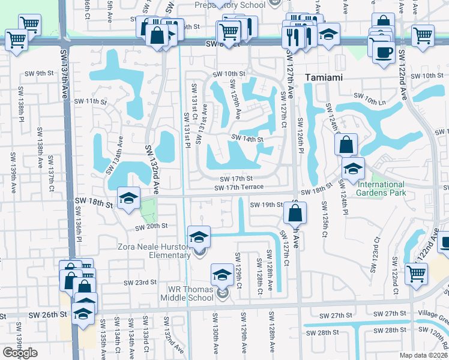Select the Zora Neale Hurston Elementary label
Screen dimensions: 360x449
pyautogui.click(x=154, y=251)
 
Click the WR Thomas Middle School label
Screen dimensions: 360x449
pyautogui.click(x=191, y=293)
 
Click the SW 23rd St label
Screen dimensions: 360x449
pyautogui.click(x=140, y=282)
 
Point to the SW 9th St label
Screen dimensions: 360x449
pyautogui.click(x=40, y=73)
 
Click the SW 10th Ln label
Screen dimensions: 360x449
pyautogui.click(x=367, y=95)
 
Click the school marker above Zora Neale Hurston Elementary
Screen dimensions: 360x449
pyautogui.click(x=199, y=236)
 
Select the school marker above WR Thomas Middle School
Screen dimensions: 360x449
pyautogui.click(x=222, y=275)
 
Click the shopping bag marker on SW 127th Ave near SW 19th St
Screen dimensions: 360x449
pyautogui.click(x=295, y=212)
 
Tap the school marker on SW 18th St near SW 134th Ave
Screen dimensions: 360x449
pyautogui.click(x=128, y=198)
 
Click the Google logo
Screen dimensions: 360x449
pyautogui.click(x=20, y=353)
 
